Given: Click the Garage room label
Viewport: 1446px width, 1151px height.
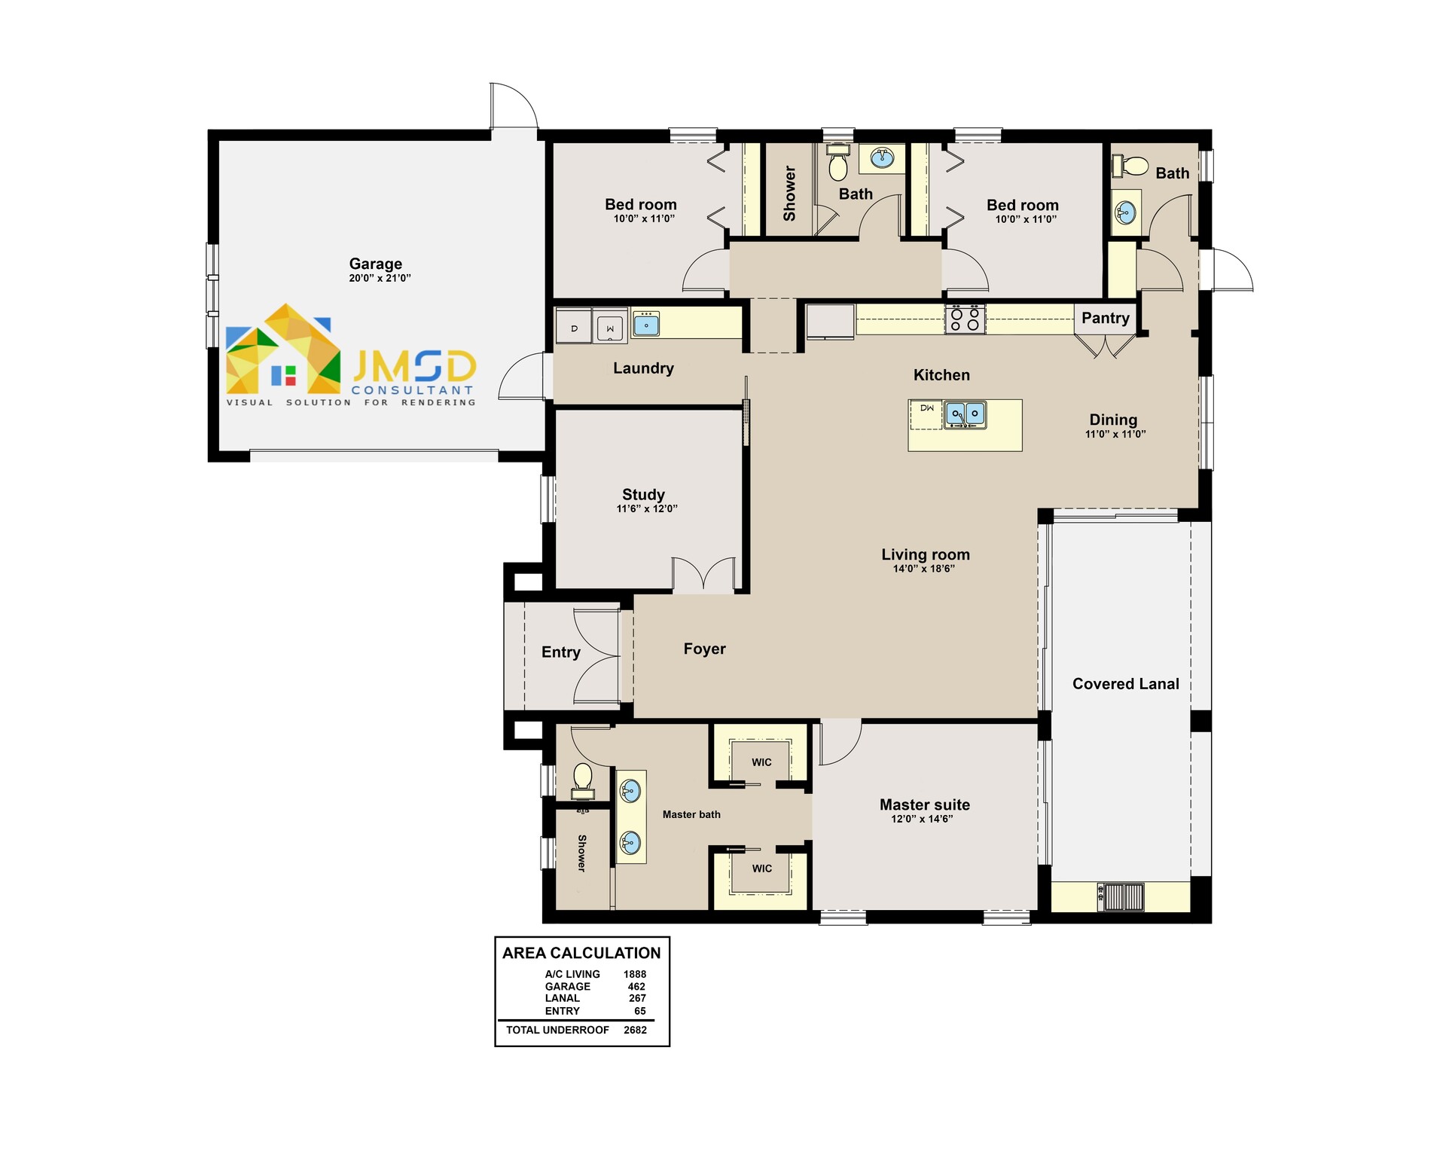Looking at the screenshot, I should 375,264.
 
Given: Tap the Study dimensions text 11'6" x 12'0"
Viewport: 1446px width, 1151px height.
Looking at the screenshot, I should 646,508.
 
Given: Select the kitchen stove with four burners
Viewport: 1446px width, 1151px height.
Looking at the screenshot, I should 965,319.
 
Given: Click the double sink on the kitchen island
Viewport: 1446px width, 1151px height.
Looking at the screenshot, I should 965,414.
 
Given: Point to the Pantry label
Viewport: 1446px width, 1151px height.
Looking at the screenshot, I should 1105,318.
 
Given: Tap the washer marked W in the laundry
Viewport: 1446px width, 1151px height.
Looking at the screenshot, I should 609,328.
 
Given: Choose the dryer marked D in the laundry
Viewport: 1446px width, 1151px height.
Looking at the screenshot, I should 574,328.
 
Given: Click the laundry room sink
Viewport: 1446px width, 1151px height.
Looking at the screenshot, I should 645,325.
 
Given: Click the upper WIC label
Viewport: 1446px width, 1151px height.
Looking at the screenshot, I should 761,762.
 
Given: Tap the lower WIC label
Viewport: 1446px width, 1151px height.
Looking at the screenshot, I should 761,869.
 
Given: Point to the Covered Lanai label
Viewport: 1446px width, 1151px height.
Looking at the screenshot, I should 1125,684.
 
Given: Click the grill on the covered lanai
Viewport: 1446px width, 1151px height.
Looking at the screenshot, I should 1121,896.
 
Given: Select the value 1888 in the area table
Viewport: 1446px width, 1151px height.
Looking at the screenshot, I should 634,974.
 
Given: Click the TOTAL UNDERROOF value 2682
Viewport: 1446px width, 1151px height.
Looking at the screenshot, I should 635,1030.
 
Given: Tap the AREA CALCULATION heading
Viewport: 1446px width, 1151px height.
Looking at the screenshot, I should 581,953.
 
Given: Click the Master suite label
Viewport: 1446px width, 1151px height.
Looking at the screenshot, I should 924,804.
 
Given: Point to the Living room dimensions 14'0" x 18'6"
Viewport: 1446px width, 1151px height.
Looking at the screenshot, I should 923,569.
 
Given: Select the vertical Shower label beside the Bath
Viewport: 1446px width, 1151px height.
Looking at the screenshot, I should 789,194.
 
